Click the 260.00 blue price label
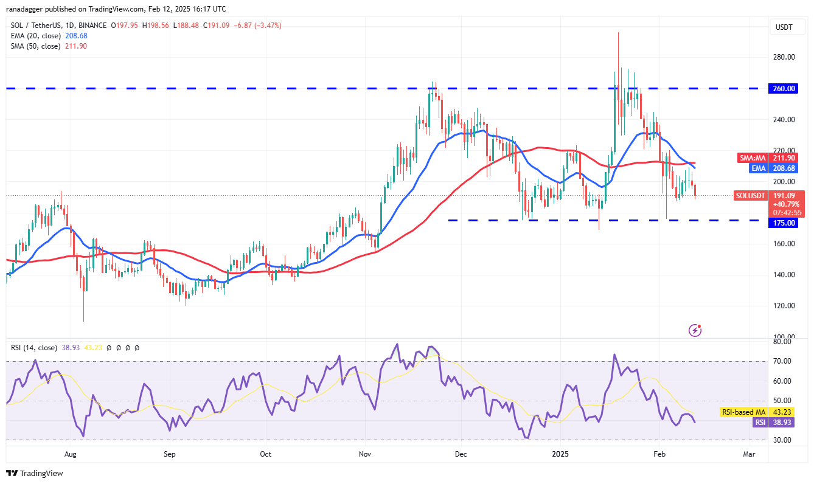pos(784,88)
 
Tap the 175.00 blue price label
pos(784,223)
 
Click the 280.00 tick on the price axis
pos(784,57)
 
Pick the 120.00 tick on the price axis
pos(784,306)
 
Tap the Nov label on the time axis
pos(364,454)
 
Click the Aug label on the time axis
pos(71,454)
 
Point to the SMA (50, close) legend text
pos(34,46)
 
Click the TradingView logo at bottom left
pos(35,473)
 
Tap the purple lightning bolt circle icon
pos(695,330)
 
